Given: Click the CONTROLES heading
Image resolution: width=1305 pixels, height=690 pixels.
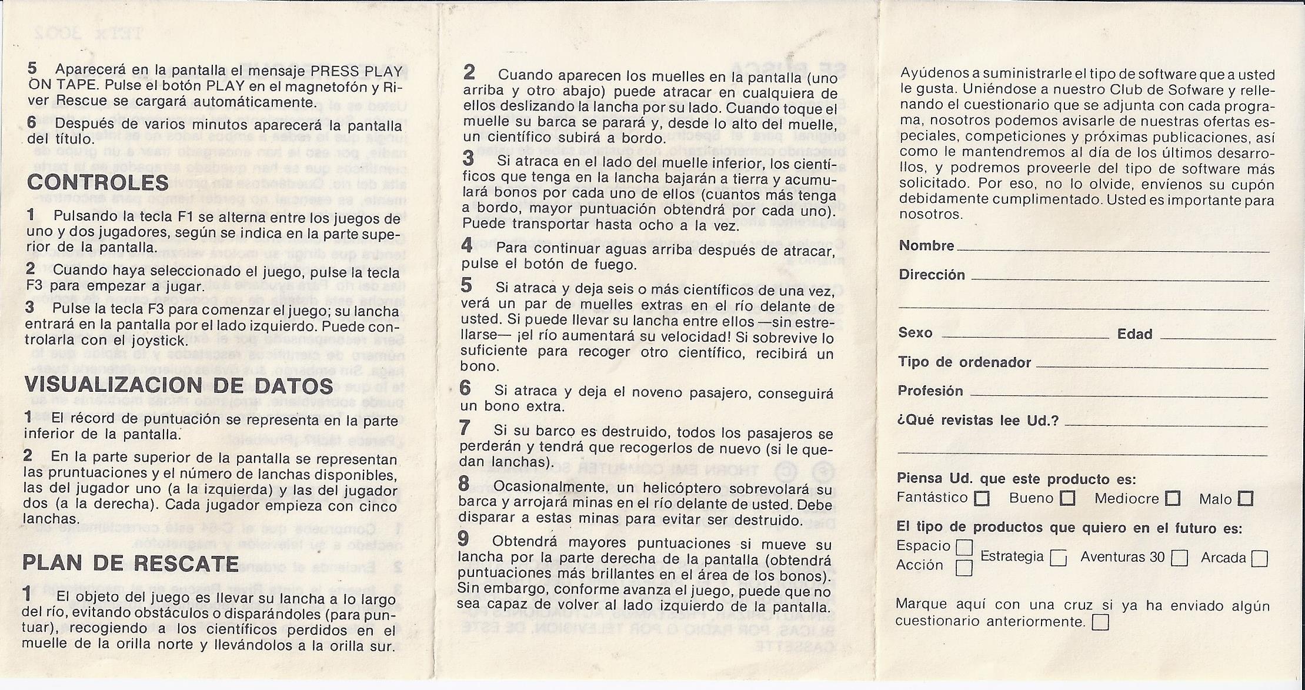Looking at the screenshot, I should (x=98, y=182).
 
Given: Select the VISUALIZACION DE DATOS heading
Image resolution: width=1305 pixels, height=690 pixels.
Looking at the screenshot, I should (x=179, y=386).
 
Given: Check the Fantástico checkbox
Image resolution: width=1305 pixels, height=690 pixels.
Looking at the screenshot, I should (x=982, y=499).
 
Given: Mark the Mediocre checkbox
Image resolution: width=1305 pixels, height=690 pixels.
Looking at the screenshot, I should (x=1173, y=499).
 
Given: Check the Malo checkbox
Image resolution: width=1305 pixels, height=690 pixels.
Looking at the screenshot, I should (x=1245, y=499).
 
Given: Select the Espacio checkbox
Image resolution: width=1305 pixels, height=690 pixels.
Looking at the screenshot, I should (x=964, y=548).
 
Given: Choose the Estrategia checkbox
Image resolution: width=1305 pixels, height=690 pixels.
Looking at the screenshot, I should (x=1059, y=558).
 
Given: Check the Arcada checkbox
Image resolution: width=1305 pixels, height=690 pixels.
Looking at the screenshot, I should (x=1259, y=558).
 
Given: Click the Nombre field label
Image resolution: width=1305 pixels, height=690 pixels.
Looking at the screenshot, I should (x=926, y=246).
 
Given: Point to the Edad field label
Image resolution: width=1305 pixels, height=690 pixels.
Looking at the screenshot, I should (x=1134, y=334).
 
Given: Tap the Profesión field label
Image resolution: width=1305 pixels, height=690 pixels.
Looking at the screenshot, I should (x=930, y=391).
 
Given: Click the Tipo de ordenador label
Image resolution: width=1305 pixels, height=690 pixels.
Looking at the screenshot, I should (x=964, y=362).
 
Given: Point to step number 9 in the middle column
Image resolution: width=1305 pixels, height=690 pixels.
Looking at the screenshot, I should (x=464, y=538).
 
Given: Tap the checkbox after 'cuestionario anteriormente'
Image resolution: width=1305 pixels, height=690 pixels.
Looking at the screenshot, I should (x=1100, y=622).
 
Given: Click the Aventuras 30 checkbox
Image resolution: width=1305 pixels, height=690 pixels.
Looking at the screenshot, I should (x=1179, y=558).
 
